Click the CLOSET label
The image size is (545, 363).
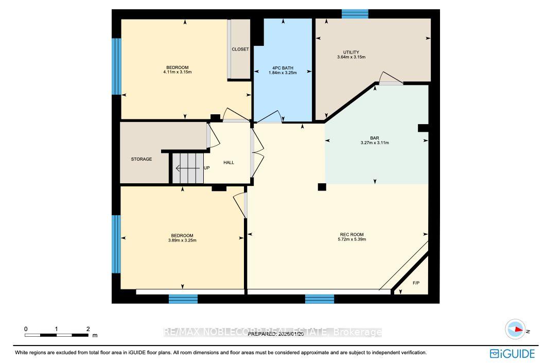240,49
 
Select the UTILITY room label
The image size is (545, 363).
351,52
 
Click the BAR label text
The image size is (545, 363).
374,138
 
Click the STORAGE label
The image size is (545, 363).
141,159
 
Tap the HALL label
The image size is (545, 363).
228,163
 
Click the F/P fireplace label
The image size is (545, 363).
416,283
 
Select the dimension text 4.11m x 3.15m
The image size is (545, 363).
177,73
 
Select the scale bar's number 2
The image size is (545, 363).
88,329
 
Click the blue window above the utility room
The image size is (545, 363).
355,14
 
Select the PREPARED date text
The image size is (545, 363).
273,334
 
